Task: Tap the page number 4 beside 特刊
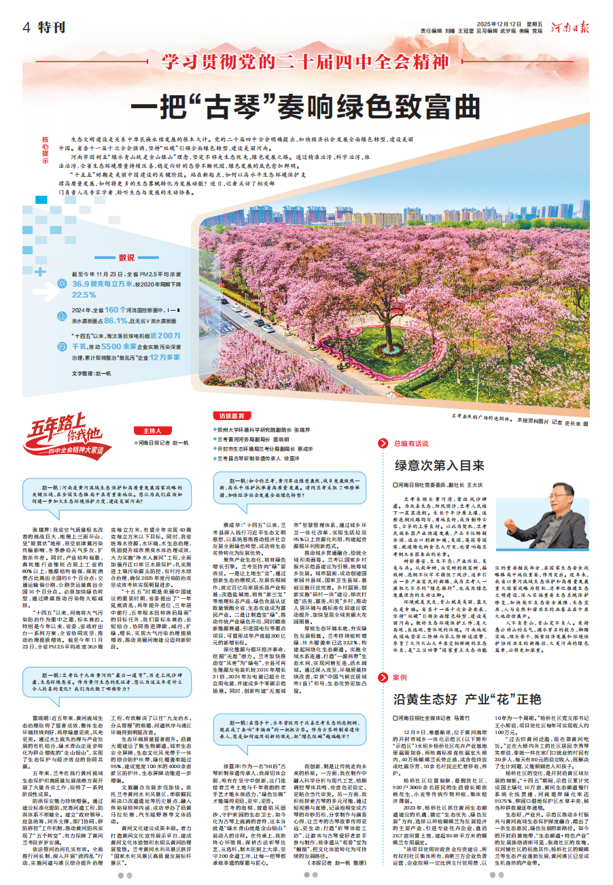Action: (x=27, y=28)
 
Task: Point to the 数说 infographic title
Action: (x=126, y=257)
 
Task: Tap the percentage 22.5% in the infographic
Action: (x=84, y=294)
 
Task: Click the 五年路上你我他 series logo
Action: (x=65, y=436)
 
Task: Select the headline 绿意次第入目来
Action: (x=440, y=466)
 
